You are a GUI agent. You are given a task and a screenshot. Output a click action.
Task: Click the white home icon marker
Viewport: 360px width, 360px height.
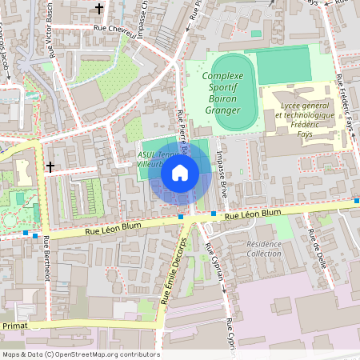[x=180, y=173]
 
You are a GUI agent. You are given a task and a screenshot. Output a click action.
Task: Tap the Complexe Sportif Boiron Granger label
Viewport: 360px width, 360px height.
[x=224, y=88]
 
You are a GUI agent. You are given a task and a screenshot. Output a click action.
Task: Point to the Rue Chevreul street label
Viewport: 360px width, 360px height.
[x=112, y=28]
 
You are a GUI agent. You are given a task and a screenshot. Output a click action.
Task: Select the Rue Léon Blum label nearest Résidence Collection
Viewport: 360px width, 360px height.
[x=253, y=214]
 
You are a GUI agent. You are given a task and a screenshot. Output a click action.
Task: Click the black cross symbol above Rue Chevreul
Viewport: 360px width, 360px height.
[x=99, y=9]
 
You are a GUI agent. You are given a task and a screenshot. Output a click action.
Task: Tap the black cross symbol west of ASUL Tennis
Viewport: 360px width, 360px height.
[x=50, y=167]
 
